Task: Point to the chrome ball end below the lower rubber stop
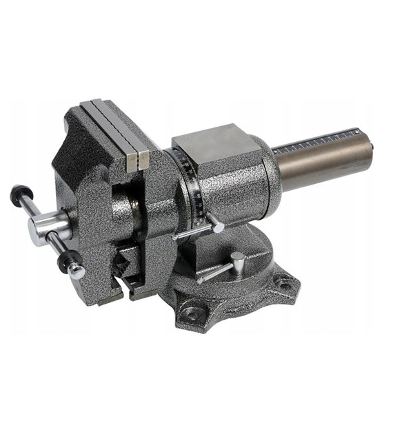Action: [x=77, y=271]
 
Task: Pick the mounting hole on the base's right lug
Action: [x=283, y=282]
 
